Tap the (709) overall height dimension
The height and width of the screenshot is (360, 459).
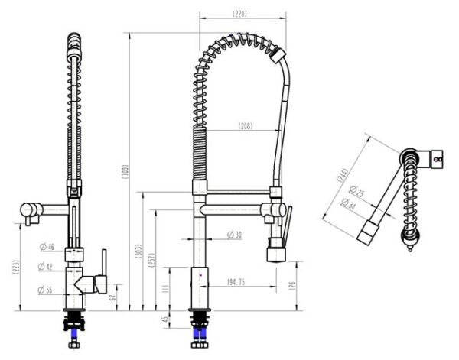pyautogui.click(x=125, y=172)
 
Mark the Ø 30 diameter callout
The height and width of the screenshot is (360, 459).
pyautogui.click(x=234, y=235)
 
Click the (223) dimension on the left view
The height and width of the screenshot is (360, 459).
pyautogui.click(x=16, y=266)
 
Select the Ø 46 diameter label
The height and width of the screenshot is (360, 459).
pyautogui.click(x=47, y=246)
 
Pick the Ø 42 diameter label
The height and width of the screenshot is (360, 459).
pyautogui.click(x=47, y=267)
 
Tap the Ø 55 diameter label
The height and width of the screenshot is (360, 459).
pyautogui.click(x=47, y=289)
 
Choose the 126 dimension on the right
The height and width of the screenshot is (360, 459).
pyautogui.click(x=294, y=285)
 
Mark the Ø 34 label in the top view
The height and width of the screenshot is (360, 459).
pyautogui.click(x=348, y=203)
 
